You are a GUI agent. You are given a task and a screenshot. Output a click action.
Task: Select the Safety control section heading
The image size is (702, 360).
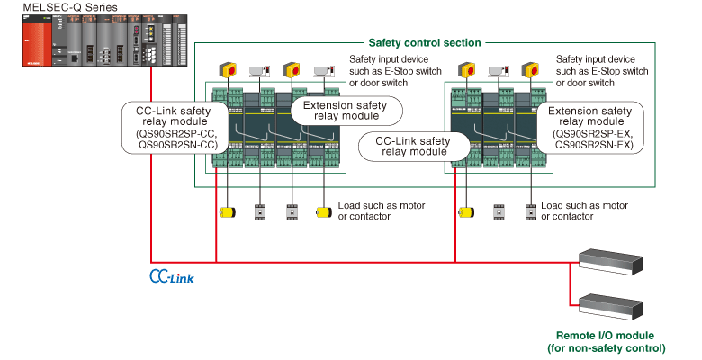tap(425, 42)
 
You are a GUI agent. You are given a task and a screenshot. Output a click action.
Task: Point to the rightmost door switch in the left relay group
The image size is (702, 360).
tap(322, 70)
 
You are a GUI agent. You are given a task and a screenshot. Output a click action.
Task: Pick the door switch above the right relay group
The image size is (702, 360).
tap(499, 70)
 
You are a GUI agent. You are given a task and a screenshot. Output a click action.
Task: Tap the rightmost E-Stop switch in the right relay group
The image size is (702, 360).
tap(531, 69)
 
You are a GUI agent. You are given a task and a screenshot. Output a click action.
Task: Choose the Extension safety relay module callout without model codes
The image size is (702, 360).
tap(346, 111)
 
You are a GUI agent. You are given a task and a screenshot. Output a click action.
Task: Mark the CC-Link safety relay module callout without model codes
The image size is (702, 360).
tap(412, 146)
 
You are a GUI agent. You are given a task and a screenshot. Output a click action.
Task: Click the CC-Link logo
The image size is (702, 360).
tap(171, 274)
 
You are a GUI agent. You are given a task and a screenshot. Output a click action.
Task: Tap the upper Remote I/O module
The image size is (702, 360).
tap(609, 260)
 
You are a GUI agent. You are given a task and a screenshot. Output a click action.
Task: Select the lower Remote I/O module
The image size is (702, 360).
tap(609, 306)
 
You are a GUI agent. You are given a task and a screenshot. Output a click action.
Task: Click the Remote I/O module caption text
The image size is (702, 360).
tap(606, 341)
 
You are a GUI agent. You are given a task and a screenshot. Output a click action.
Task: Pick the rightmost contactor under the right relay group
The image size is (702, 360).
tap(531, 212)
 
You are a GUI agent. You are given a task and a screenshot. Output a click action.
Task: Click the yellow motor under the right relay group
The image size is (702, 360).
tap(466, 212)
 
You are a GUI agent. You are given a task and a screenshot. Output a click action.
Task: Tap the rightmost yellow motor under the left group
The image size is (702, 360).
tap(322, 212)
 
